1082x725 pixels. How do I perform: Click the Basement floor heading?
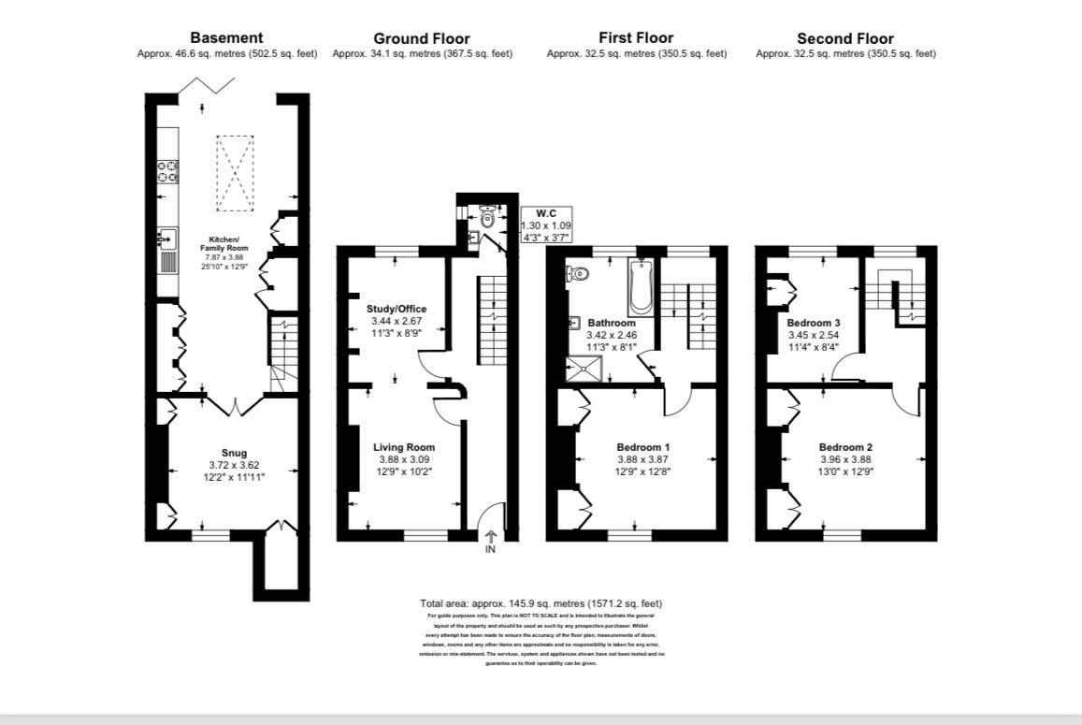pyautogui.click(x=226, y=38)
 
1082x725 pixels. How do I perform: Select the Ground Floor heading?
pyautogui.click(x=422, y=38)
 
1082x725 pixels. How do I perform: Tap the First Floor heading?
pyautogui.click(x=636, y=38)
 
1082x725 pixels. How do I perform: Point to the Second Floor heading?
pyautogui.click(x=844, y=38)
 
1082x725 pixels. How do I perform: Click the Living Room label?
pyautogui.click(x=404, y=447)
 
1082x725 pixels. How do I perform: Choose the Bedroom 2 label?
pyautogui.click(x=845, y=446)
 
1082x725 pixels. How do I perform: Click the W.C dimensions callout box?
pyautogui.click(x=546, y=225)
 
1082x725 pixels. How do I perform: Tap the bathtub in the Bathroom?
pyautogui.click(x=642, y=287)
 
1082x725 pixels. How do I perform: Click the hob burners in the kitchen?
pyautogui.click(x=167, y=171)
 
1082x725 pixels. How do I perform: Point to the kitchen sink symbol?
pyautogui.click(x=167, y=238)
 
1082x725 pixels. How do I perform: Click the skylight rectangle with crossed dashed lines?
pyautogui.click(x=235, y=171)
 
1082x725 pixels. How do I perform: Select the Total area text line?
pyautogui.click(x=541, y=603)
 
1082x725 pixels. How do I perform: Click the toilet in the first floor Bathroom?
pyautogui.click(x=578, y=274)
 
